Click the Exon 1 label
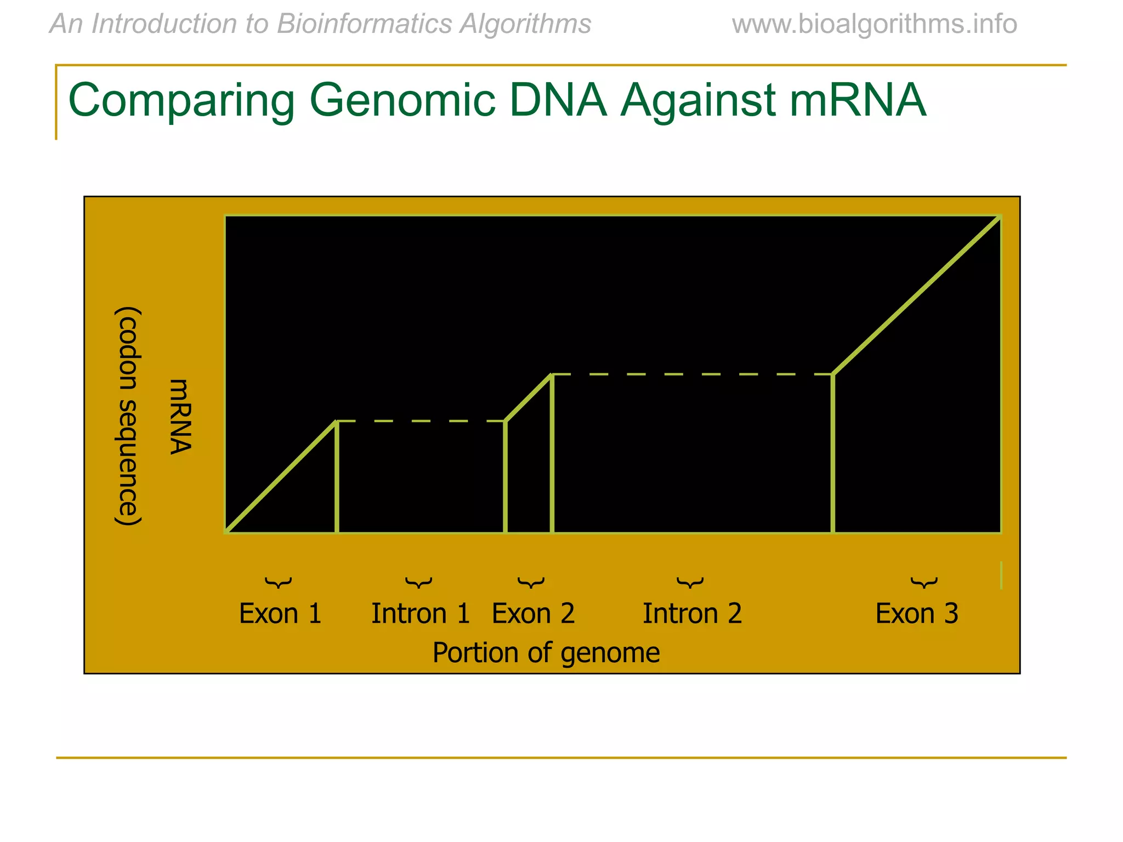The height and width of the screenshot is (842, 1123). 280,613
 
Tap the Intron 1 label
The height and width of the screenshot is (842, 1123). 421,613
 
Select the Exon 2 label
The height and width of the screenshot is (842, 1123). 533,613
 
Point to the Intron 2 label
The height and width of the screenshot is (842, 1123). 692,613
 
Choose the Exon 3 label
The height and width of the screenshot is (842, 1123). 916,613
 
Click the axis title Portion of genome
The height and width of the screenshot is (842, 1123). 546,653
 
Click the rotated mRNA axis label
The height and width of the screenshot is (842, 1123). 180,417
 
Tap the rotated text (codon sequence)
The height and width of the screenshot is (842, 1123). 129,417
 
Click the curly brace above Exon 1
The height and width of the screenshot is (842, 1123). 279,582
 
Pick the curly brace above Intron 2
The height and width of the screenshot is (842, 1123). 690,582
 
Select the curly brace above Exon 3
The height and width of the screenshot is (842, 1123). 924,582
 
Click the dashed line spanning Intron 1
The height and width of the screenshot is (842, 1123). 421,421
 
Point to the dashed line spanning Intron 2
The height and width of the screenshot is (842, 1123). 692,374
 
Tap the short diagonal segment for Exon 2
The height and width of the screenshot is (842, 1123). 529,398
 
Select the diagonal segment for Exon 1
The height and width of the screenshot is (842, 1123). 281,477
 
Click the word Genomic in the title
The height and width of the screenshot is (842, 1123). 402,100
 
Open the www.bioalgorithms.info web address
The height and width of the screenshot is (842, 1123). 874,24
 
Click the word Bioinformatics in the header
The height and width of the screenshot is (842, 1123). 364,24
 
